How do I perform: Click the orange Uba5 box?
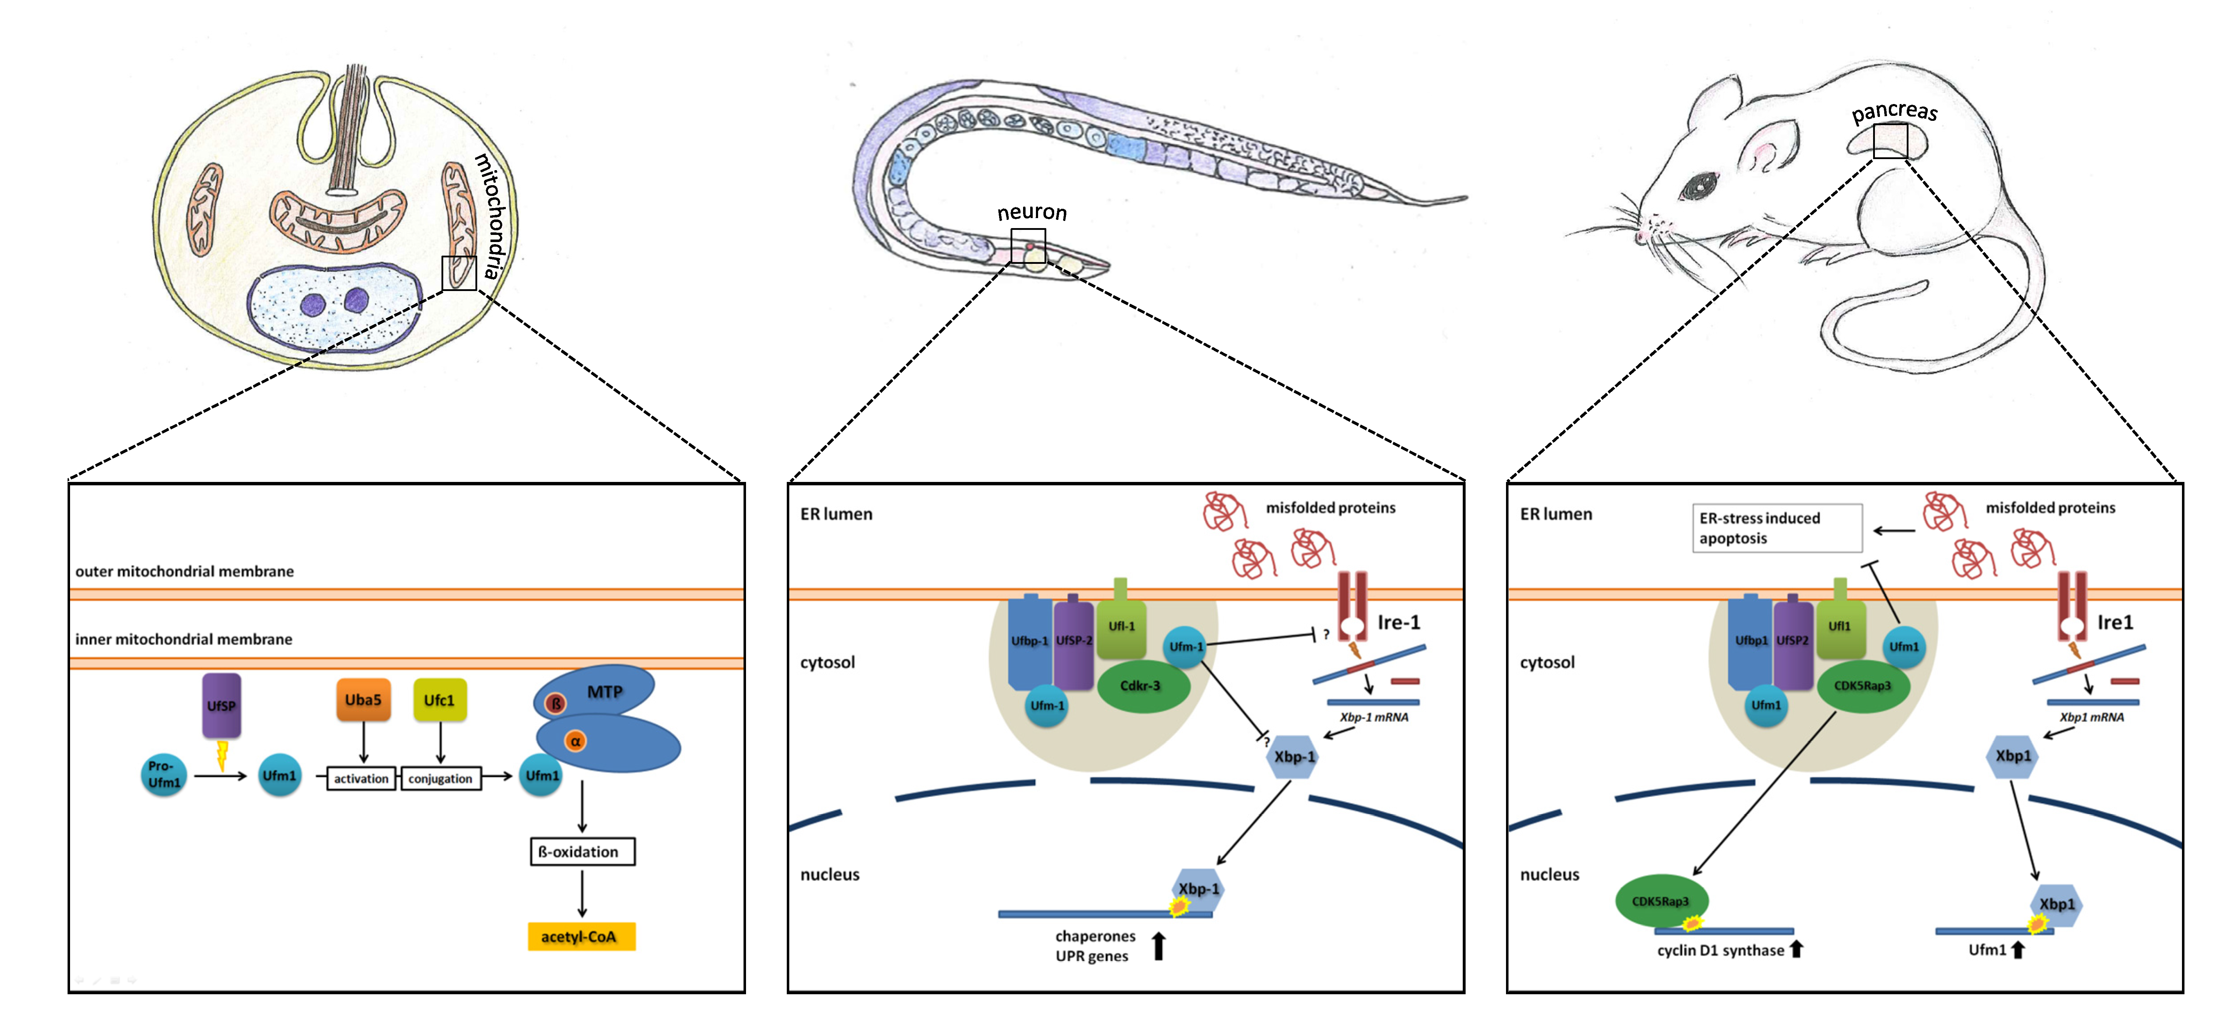coord(363,700)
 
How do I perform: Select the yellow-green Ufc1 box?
coord(440,700)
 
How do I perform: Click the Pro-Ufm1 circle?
coord(164,774)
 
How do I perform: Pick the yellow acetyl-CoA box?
coord(581,937)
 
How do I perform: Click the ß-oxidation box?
coord(582,852)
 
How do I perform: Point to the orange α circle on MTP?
coord(574,741)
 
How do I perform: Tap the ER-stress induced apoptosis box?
coord(1777,528)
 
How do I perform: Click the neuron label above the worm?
coord(1032,213)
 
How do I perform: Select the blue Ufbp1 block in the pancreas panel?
coord(1751,642)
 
